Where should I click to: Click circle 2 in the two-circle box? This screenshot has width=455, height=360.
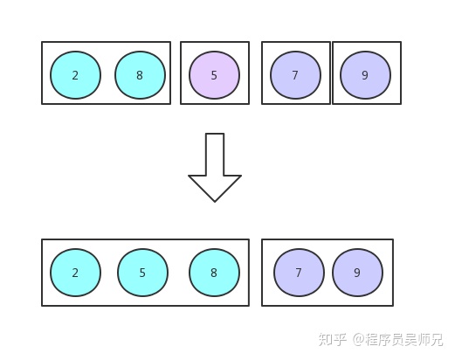75,75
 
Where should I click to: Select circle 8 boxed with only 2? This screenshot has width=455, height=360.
140,75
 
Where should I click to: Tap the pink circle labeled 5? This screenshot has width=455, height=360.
214,75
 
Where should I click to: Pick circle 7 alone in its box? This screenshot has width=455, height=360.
295,75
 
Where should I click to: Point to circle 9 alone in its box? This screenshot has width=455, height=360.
365,75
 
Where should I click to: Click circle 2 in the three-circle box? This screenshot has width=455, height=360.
75,273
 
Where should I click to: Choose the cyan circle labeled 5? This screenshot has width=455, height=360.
142,273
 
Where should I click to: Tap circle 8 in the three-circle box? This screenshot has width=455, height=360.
214,273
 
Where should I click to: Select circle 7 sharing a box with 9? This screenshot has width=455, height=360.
299,273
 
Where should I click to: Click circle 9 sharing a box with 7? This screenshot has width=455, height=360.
357,273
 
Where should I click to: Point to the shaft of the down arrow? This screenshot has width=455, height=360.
215,153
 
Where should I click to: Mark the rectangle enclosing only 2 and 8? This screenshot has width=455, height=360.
107,46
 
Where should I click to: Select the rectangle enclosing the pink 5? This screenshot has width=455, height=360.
215,46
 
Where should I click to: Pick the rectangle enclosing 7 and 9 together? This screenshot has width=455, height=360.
327,244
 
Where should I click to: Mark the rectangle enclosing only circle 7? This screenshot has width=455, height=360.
295,46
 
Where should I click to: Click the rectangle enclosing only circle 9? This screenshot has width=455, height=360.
367,46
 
